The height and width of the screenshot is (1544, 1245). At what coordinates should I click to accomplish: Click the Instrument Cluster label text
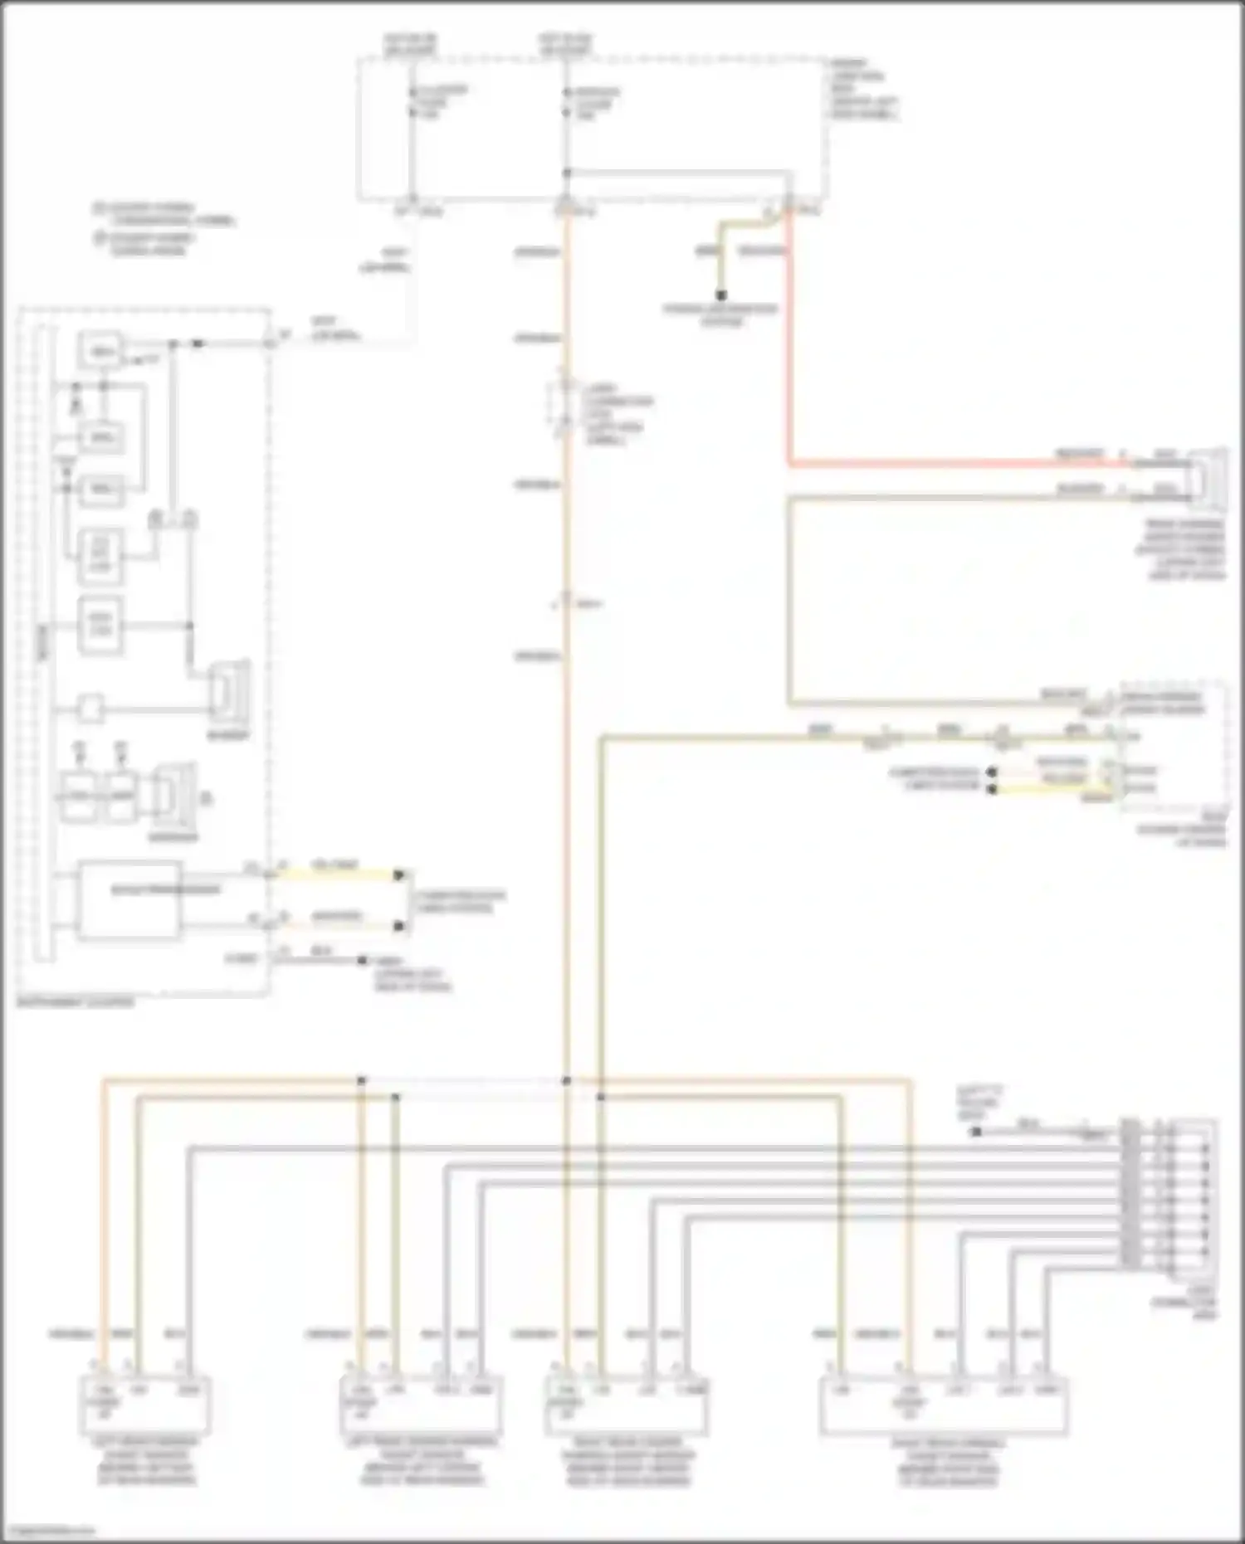tap(75, 1002)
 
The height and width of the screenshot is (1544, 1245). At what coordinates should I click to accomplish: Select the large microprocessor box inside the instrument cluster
tap(129, 901)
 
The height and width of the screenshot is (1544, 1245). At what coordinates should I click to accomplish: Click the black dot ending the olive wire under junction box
tap(721, 295)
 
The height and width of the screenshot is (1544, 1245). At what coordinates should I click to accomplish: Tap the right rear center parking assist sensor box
tap(627, 1405)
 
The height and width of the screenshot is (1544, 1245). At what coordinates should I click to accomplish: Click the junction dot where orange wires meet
tap(567, 1081)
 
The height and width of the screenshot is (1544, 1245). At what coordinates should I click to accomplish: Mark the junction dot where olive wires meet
tap(601, 1097)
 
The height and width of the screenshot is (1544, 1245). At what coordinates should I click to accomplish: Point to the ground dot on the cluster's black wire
tap(363, 961)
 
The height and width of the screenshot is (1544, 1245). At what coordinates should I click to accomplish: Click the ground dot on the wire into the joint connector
tap(977, 1132)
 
